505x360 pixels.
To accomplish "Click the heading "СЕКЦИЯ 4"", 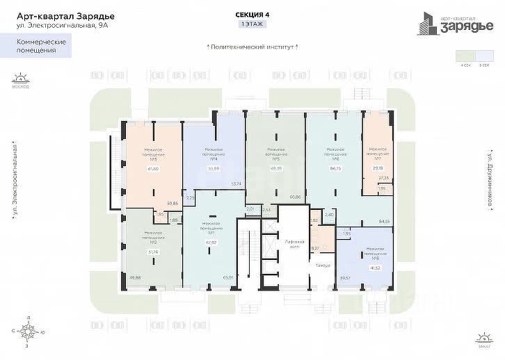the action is pyautogui.click(x=252, y=15).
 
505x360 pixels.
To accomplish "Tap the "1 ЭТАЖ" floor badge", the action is pyautogui.click(x=252, y=24).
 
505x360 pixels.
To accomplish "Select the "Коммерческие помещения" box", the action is pyautogui.click(x=42, y=47).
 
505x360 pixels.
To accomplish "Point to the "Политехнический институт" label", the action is pyautogui.click(x=253, y=47).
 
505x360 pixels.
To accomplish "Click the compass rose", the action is pyautogui.click(x=27, y=328).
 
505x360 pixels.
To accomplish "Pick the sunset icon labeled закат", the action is pyautogui.click(x=485, y=337).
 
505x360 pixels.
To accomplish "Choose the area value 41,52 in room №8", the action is pyautogui.click(x=375, y=267).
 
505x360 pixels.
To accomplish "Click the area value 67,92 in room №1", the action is pyautogui.click(x=212, y=243).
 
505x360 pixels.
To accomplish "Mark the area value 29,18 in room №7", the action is pyautogui.click(x=377, y=168).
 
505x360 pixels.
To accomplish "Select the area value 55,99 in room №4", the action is pyautogui.click(x=214, y=168).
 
